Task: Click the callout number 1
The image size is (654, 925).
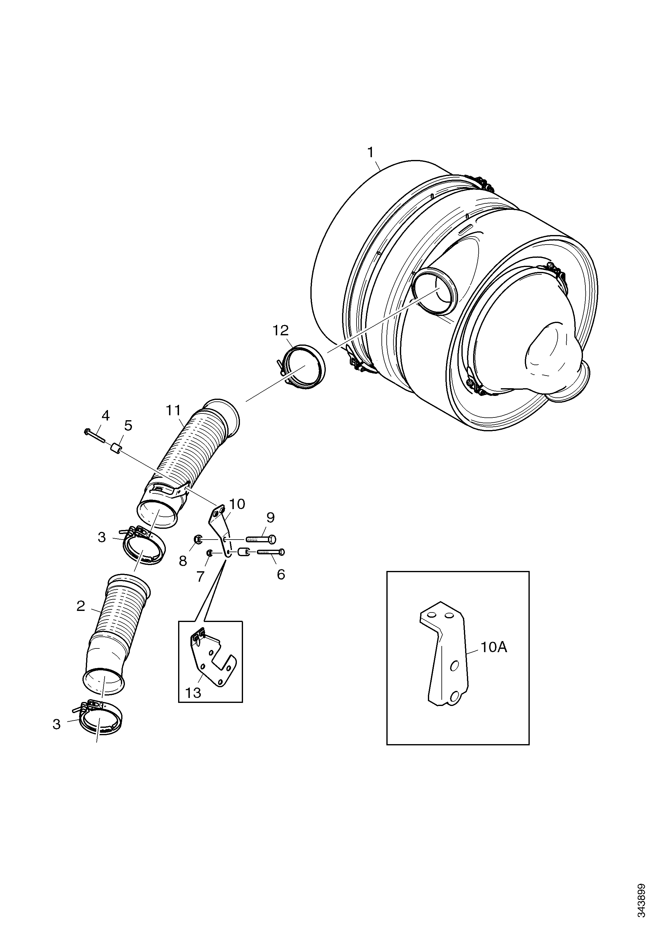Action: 370,153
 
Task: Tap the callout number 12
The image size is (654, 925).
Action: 281,330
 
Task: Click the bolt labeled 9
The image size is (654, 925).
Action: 261,539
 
